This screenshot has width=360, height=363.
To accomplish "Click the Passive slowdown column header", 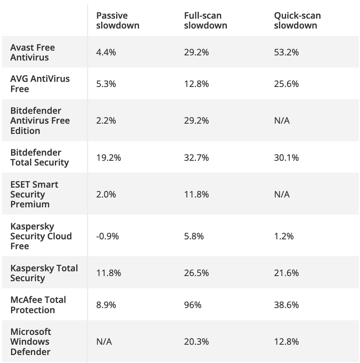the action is [118, 20].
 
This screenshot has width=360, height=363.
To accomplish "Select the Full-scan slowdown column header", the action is [205, 20].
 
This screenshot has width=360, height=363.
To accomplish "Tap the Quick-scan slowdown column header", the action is [297, 20].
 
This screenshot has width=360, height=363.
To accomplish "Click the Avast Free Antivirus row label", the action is [33, 52].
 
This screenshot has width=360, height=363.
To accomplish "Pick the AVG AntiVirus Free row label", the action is [40, 84].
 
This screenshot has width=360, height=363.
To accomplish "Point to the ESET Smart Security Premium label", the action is [34, 194].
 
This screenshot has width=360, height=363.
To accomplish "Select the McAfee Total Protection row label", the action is [38, 304].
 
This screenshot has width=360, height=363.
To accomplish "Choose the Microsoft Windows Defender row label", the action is [31, 341].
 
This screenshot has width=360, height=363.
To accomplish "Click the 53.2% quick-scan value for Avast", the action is [287, 52].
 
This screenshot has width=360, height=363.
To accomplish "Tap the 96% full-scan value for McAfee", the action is [192, 305].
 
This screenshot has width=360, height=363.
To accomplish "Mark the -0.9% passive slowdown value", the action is [108, 236].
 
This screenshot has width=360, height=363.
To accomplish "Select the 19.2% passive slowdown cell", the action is [108, 158].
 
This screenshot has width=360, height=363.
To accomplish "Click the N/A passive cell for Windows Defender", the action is [104, 342].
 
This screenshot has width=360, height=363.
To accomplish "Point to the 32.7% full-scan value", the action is [196, 158].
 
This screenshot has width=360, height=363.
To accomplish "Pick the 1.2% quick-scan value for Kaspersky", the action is [284, 236].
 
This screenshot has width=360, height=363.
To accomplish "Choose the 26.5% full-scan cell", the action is [196, 273].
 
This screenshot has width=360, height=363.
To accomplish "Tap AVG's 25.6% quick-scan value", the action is [287, 84].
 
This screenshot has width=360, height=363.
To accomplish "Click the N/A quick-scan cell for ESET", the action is [282, 194].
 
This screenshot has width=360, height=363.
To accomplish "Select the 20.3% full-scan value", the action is [196, 342].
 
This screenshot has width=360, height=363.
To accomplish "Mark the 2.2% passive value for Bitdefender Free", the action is [106, 121].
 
